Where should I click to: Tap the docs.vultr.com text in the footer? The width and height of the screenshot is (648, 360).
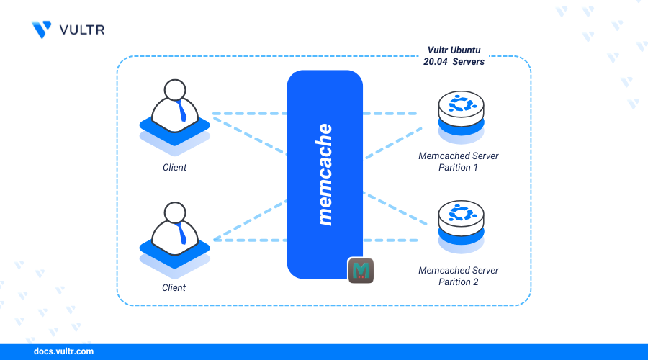click(63, 352)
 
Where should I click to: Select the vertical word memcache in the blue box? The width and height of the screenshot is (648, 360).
click(325, 174)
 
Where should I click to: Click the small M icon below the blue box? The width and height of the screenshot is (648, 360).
click(361, 270)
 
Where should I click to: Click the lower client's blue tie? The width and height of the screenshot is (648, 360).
click(182, 233)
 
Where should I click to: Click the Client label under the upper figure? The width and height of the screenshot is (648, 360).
click(174, 168)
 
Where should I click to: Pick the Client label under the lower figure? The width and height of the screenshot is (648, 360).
click(174, 288)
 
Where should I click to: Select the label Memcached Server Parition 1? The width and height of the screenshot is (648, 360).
click(459, 161)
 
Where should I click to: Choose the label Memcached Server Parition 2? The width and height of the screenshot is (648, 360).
click(459, 276)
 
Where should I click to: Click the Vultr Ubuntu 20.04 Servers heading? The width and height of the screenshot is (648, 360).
click(454, 57)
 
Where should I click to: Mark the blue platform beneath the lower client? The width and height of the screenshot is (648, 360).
click(174, 254)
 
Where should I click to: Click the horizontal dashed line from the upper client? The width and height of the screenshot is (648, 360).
click(248, 114)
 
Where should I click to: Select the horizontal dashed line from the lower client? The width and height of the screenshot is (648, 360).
click(248, 240)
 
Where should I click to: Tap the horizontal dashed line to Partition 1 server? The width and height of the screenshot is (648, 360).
click(390, 114)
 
